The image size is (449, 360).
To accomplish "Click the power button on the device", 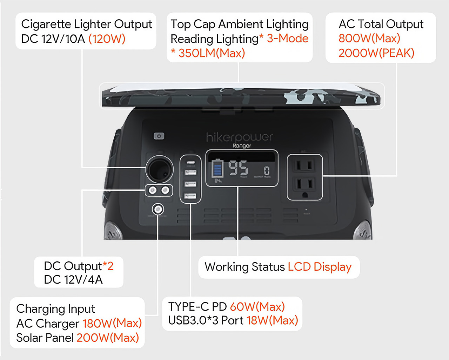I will [x=159, y=136].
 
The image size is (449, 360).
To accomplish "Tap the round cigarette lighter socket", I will [x=160, y=169].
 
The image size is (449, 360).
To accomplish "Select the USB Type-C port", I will [x=190, y=163].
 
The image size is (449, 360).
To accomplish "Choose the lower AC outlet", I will [x=304, y=185].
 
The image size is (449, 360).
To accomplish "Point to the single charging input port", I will [x=158, y=209].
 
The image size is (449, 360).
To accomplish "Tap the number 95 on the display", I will [x=238, y=168].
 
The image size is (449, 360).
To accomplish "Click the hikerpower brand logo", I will [x=240, y=137].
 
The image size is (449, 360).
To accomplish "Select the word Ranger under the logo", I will [x=242, y=145].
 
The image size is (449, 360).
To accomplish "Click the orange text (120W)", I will [x=107, y=39].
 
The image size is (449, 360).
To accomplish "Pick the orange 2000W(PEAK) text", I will [x=376, y=53].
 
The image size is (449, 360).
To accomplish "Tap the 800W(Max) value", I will [x=369, y=38].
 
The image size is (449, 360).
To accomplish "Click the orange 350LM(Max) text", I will [x=212, y=53].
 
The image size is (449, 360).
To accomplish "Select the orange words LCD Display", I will [x=320, y=267].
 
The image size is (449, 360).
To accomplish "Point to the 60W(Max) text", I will [x=257, y=307].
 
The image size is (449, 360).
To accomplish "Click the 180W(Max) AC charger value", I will [x=112, y=323].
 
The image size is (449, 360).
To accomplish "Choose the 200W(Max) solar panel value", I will [x=108, y=338].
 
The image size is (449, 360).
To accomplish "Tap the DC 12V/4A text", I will [x=73, y=280].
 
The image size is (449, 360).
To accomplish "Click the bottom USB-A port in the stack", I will [x=190, y=196].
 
